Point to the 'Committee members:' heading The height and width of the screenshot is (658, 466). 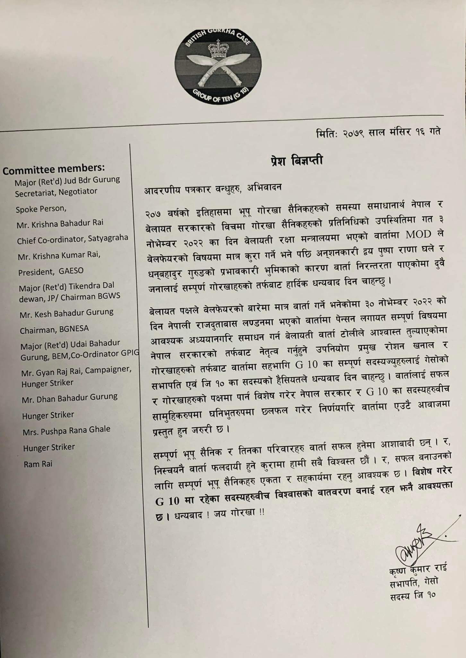pyautogui.click(x=54, y=169)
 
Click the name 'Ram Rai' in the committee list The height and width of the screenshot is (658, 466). pyautogui.click(x=38, y=464)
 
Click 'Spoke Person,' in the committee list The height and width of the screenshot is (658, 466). pyautogui.click(x=41, y=209)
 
